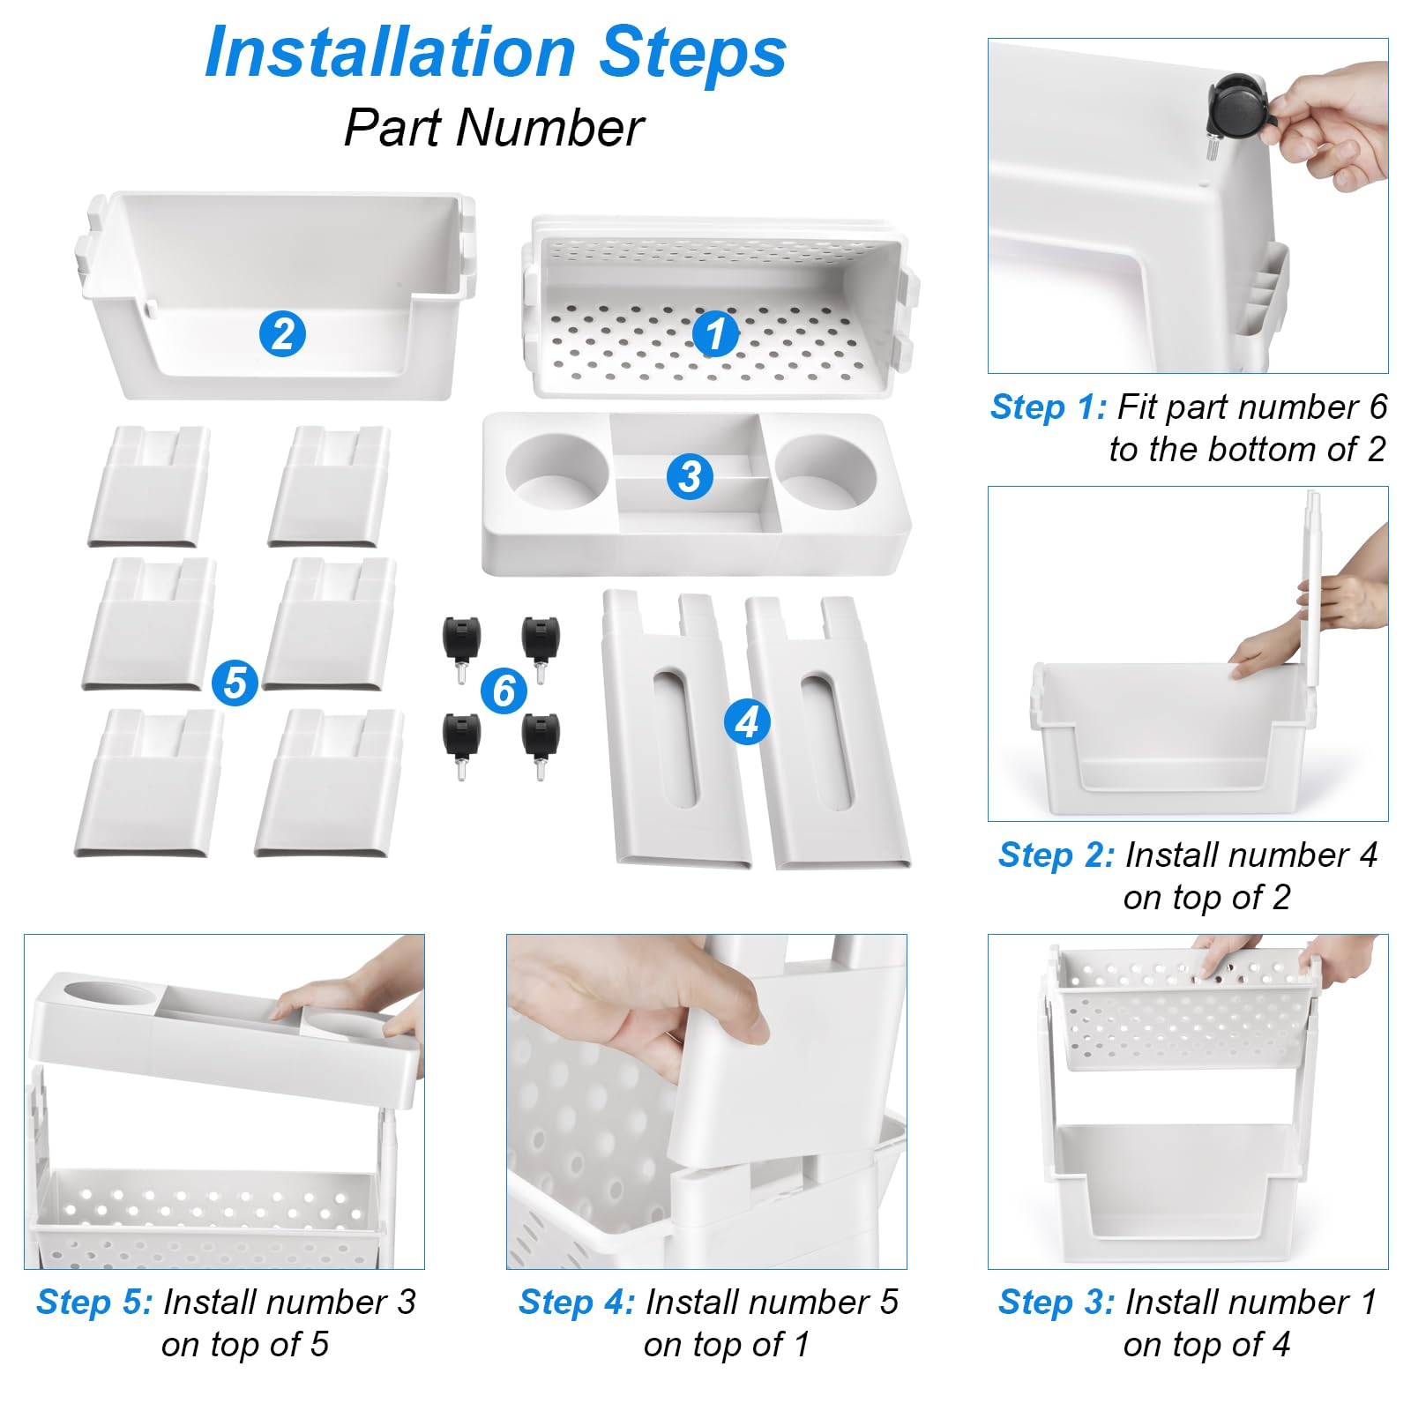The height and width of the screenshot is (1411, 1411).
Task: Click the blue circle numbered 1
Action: (x=715, y=334)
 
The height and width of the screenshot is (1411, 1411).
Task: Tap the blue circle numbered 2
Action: (x=282, y=334)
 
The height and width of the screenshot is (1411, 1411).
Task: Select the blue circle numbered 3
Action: (x=690, y=476)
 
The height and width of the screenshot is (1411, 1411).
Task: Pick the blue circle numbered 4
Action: (x=747, y=721)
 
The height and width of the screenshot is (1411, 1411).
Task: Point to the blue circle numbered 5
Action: (x=235, y=683)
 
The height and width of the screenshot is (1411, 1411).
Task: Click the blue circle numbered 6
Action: (x=504, y=691)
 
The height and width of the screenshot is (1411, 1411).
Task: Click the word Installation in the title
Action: (x=390, y=52)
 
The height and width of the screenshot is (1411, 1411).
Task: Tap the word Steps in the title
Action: (x=693, y=53)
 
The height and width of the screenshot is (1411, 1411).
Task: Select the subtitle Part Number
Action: (x=494, y=128)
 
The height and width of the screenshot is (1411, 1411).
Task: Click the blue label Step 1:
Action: (x=1049, y=407)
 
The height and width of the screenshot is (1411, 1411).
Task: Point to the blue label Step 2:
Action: (x=1056, y=855)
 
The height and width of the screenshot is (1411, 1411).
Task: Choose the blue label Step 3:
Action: (x=1056, y=1302)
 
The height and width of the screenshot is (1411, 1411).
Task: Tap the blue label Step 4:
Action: (x=577, y=1302)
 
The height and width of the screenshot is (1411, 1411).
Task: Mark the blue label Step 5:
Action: (x=94, y=1302)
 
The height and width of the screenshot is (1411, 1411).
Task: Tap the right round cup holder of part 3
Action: (x=826, y=472)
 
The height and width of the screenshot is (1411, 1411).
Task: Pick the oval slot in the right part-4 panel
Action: (x=827, y=742)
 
